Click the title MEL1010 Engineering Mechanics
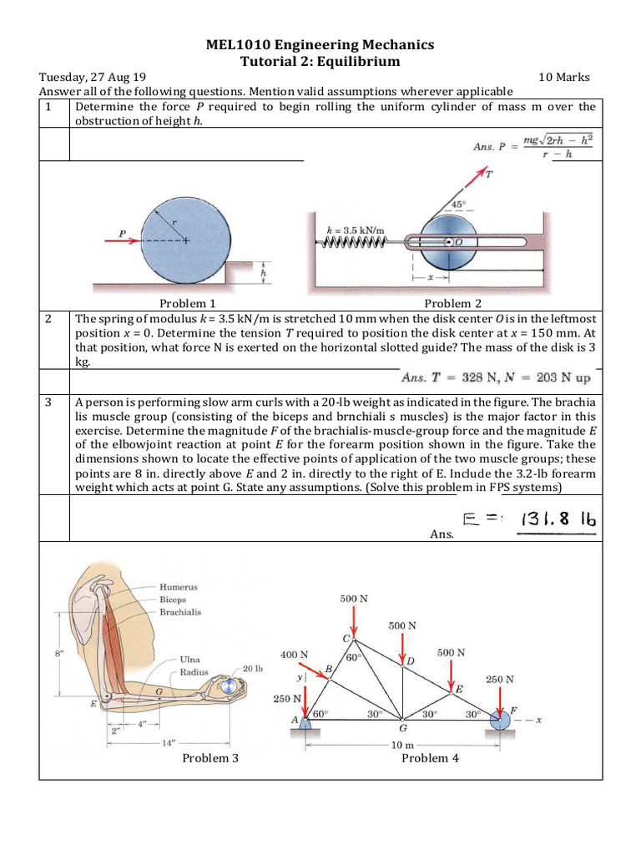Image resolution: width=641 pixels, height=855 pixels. [x=320, y=44]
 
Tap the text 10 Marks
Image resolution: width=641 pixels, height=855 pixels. [x=564, y=77]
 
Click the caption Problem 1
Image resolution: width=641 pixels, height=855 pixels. [x=188, y=304]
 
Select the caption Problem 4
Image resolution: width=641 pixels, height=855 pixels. [x=430, y=757]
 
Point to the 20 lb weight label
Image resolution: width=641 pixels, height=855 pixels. [x=253, y=669]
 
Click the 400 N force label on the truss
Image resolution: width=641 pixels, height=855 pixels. [x=293, y=655]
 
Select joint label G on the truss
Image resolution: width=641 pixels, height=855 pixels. [x=402, y=727]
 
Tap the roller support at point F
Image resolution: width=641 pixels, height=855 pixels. [x=501, y=720]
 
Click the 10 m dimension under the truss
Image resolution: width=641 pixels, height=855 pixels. [x=402, y=744]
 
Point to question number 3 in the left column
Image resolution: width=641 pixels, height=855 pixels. [x=49, y=402]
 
